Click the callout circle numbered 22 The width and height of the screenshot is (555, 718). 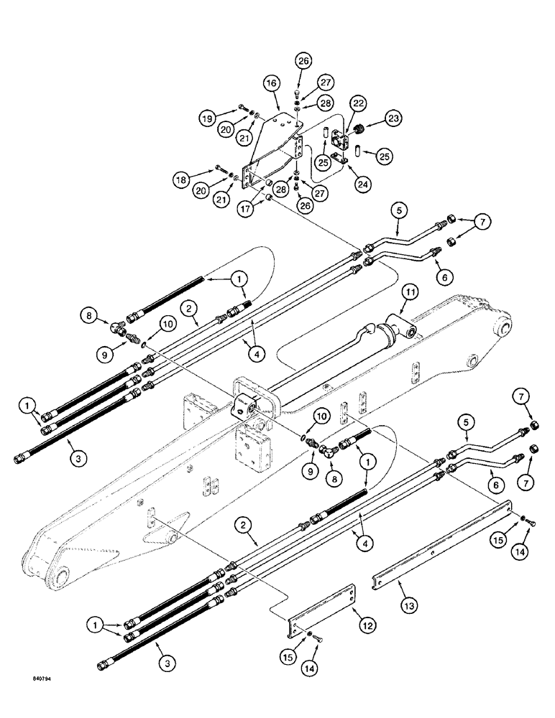[358, 105]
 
